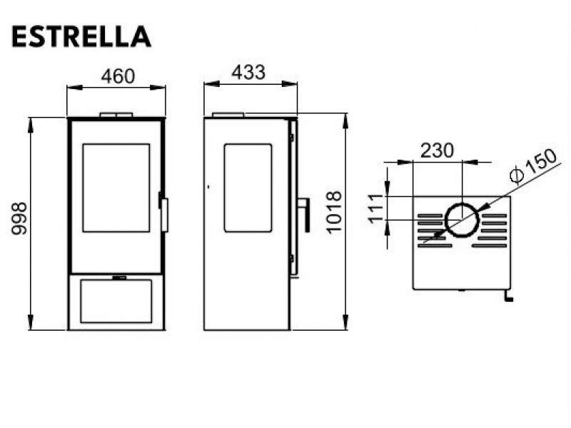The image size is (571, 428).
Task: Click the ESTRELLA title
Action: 81,37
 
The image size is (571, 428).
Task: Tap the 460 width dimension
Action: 118,76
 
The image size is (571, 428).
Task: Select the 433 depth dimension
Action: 248,73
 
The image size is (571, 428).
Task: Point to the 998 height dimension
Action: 19,218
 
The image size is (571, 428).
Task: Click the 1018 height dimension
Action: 333,212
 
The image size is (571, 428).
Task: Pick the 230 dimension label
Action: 437,151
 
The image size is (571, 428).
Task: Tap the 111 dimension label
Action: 376,208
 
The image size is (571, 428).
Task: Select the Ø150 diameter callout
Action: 533,165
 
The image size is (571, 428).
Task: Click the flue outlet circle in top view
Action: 462,204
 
